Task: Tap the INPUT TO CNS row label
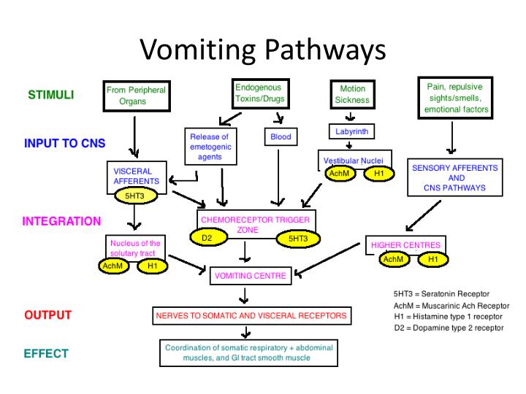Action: (60, 143)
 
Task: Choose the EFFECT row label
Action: (46, 354)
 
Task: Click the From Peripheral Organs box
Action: (137, 96)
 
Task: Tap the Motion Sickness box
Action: (352, 94)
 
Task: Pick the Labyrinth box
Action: (351, 131)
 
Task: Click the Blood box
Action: (281, 136)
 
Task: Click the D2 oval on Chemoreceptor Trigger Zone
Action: (207, 237)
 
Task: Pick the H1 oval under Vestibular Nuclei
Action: (378, 173)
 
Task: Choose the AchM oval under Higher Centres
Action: (393, 259)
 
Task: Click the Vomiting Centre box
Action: (253, 276)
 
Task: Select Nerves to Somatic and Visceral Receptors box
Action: (251, 316)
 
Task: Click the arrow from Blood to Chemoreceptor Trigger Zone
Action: (278, 175)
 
